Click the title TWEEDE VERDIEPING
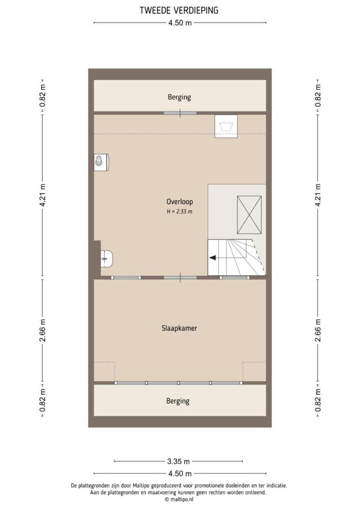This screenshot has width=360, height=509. (179, 10)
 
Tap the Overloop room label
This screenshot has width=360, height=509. (180, 202)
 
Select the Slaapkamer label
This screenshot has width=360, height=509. (179, 328)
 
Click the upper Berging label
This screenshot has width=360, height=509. (179, 97)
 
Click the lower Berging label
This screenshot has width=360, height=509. (178, 401)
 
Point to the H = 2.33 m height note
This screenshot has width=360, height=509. (180, 212)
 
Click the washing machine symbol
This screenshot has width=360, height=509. (226, 126)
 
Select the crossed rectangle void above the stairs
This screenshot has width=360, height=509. (249, 215)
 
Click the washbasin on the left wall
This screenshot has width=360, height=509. (106, 259)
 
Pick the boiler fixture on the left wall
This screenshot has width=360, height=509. (101, 162)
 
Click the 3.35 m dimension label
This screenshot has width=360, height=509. (179, 461)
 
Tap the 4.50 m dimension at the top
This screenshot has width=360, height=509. (180, 23)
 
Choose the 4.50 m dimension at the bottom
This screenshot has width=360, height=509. (180, 474)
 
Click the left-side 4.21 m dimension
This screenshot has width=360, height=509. (43, 195)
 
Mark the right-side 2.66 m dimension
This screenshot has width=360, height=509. (318, 330)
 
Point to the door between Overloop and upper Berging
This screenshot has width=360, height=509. (180, 113)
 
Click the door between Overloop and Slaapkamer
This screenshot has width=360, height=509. (180, 278)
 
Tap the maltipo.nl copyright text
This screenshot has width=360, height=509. (179, 500)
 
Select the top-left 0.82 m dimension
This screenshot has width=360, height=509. (43, 96)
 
